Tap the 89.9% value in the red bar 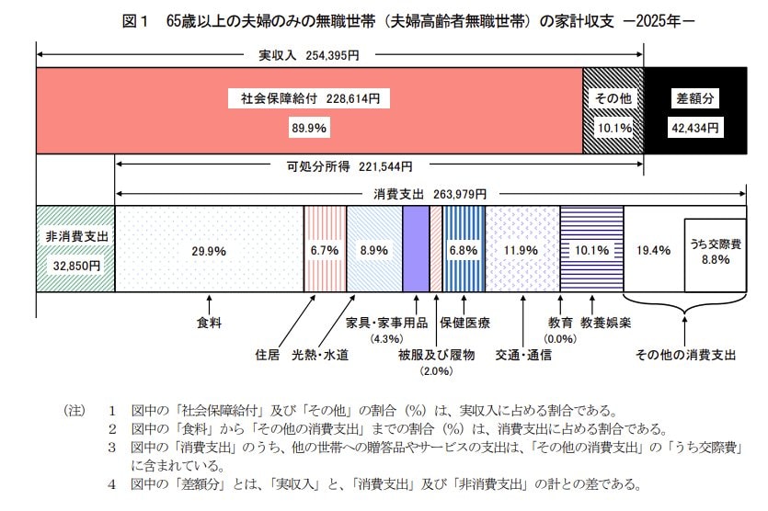coord(309,129)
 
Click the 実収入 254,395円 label coord(308,56)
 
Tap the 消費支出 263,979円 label coord(430,195)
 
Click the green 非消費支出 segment coord(75,249)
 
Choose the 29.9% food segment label coord(209,250)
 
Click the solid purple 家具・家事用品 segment coord(416,249)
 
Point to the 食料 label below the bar coord(210,323)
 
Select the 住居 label coord(267,355)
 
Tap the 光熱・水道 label coord(320,355)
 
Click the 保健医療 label coord(464,323)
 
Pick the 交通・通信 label coord(522,355)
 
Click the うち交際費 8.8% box coord(715,252)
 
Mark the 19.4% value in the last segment coord(653,250)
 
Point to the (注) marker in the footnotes coord(74,410)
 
